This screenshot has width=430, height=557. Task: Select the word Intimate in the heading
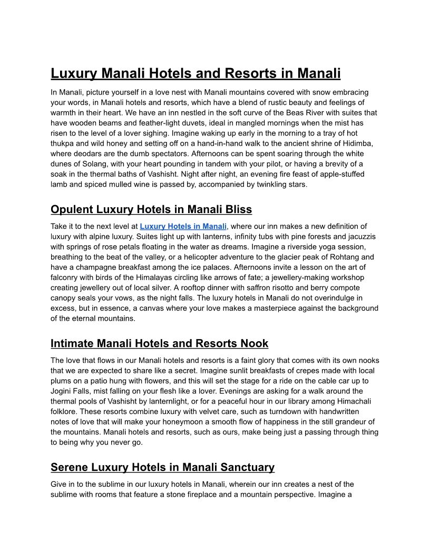(x=72, y=343)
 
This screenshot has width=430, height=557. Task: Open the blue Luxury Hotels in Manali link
(x=183, y=226)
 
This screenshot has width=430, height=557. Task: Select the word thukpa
(x=62, y=143)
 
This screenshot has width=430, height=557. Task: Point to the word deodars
(x=89, y=153)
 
